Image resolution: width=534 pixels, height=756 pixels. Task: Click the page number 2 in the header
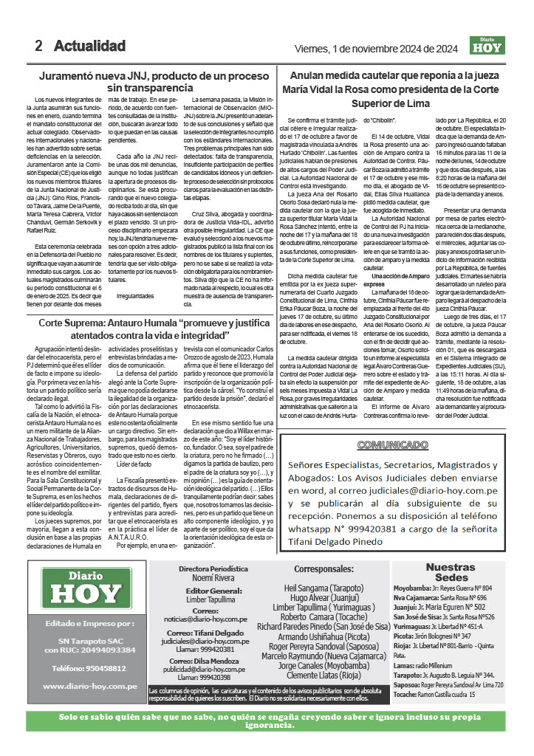point(38,46)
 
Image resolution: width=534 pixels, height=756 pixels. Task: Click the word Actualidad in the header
point(89,46)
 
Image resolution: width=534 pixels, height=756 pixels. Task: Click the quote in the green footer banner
point(266,727)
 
